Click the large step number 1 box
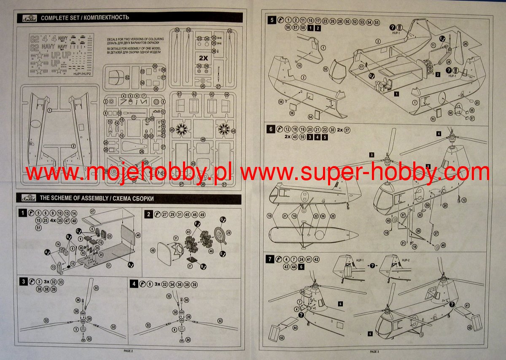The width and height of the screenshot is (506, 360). [23, 214]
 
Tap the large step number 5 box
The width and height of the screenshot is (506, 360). [272, 20]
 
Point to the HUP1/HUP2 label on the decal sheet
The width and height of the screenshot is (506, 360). [83, 73]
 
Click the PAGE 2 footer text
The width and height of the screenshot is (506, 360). [128, 351]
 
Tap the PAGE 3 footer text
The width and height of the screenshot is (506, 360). [374, 351]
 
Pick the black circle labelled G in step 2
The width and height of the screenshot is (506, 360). [222, 220]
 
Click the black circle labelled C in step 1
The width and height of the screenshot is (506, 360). [79, 231]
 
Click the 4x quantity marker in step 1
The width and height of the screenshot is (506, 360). [54, 220]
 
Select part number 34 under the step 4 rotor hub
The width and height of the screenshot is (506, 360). [188, 340]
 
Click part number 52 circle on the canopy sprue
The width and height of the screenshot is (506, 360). [127, 77]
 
